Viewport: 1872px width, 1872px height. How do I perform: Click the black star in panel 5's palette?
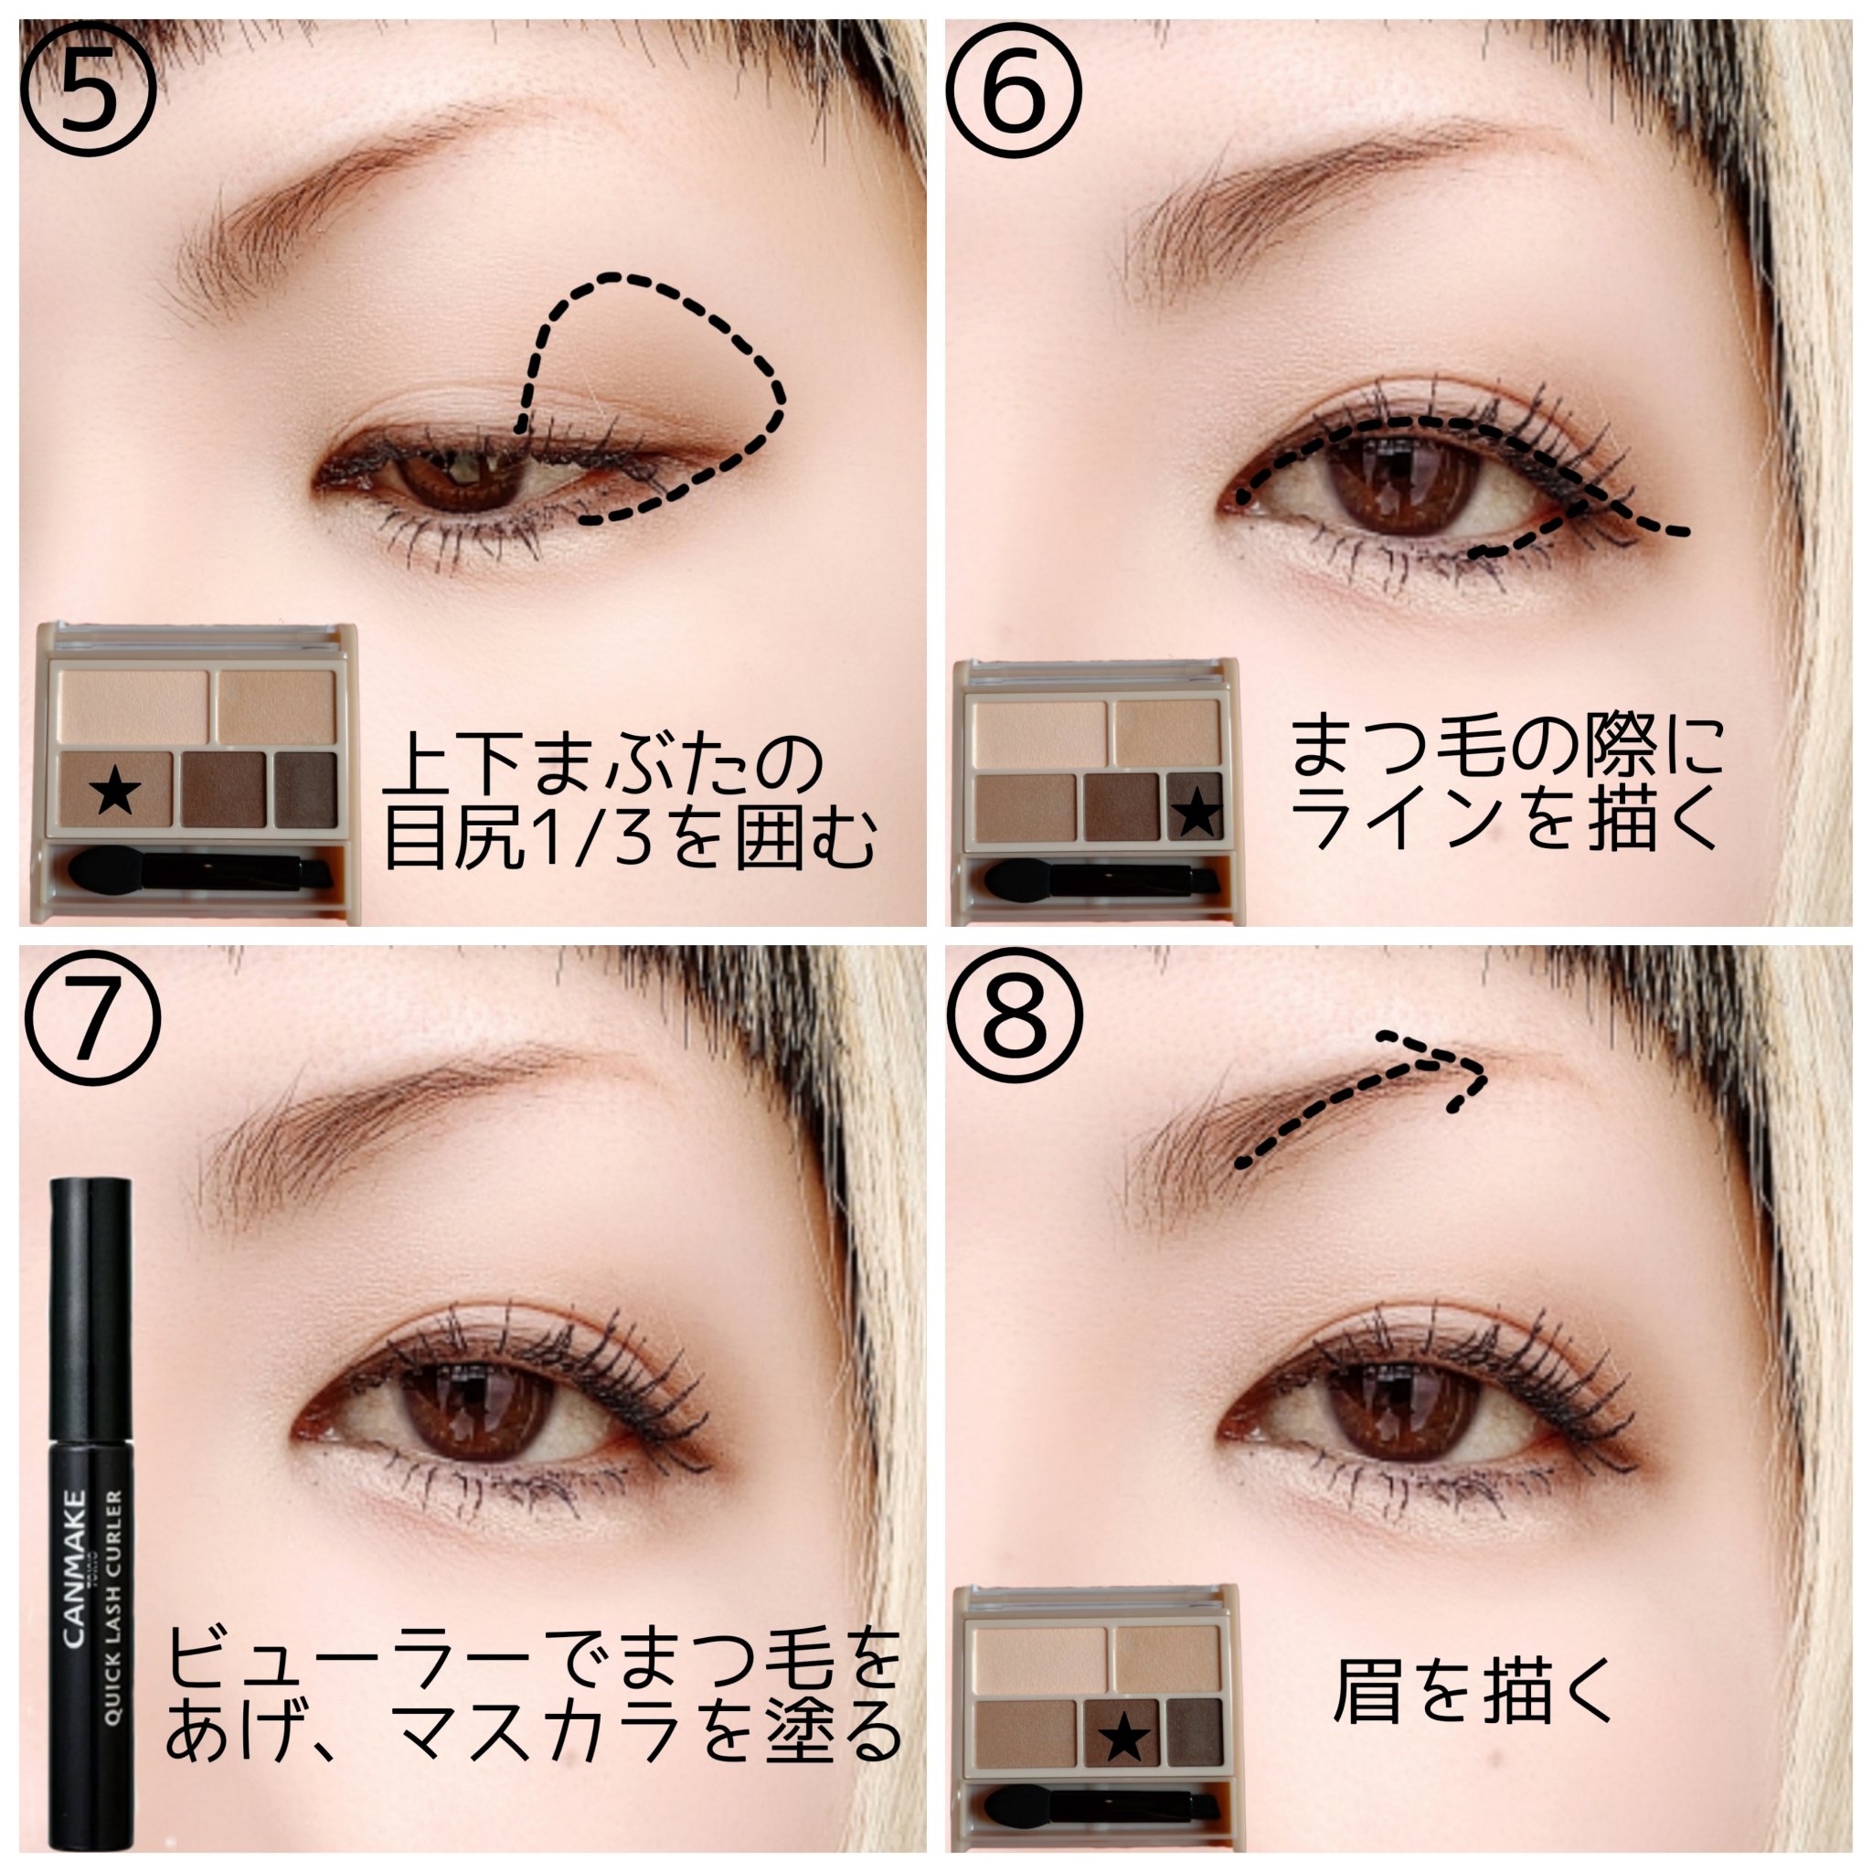point(115,791)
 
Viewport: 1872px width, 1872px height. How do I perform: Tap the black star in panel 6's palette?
point(1197,810)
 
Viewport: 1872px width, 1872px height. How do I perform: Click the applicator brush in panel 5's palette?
point(199,869)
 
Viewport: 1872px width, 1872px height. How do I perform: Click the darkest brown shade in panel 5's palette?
point(305,790)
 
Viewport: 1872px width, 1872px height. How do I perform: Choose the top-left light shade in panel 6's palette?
point(1040,732)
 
